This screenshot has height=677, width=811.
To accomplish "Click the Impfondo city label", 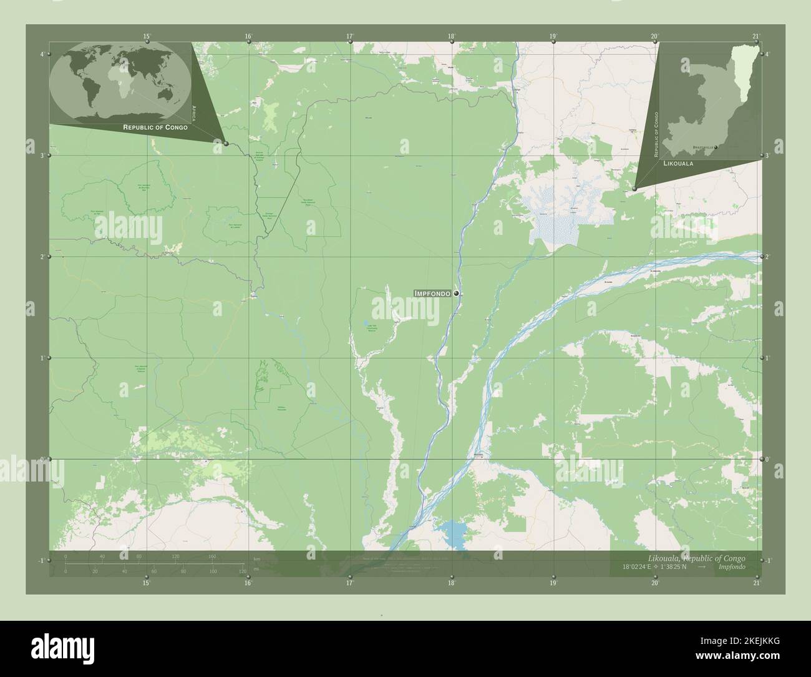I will (x=433, y=293).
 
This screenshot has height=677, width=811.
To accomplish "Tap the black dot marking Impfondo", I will (x=457, y=293).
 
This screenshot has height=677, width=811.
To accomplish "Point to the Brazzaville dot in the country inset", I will (x=716, y=147).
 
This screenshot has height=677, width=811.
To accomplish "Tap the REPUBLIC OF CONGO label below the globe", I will (x=155, y=127).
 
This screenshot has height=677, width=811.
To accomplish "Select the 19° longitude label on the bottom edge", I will (x=553, y=583).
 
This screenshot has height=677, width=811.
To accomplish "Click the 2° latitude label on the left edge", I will (x=41, y=257).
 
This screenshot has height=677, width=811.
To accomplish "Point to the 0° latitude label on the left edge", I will (x=41, y=459).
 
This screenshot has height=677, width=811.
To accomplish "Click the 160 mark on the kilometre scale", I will (x=212, y=556).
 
